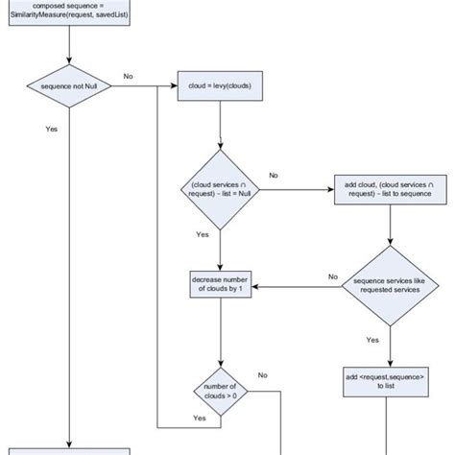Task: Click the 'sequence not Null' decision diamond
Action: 70,86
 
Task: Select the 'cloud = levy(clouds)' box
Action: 221,86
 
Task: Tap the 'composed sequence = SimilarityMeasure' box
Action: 69,12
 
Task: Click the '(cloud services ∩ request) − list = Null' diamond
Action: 221,189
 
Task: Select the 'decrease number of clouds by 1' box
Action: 221,285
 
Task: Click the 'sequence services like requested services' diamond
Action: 389,285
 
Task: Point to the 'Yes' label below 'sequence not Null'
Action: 51,129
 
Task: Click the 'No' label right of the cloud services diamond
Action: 274,176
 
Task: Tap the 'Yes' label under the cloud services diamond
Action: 202,234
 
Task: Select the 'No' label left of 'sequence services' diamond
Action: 333,276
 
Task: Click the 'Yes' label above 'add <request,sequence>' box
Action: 371,339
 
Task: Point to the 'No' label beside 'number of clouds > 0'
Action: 262,375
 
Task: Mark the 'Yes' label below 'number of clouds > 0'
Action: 200,419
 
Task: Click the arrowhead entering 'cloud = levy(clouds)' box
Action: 174,86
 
